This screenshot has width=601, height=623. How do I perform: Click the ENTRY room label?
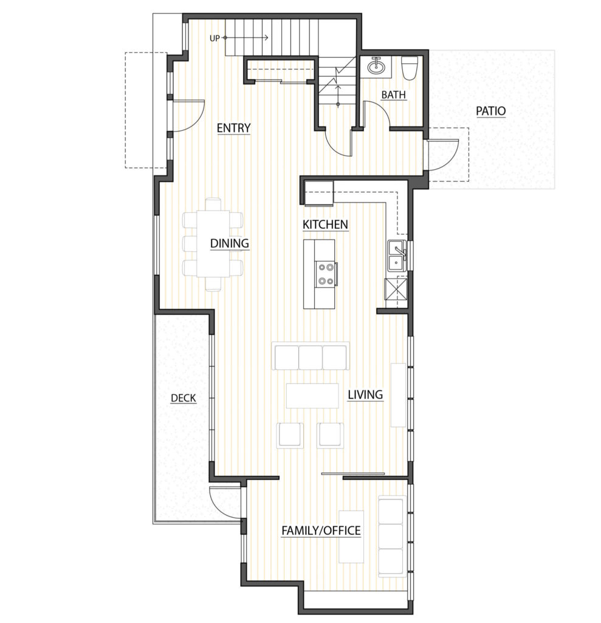[x=233, y=128]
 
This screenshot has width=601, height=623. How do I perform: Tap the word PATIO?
[x=490, y=111]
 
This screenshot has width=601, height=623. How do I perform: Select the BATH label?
[x=393, y=94]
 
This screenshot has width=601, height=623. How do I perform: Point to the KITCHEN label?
[x=325, y=224]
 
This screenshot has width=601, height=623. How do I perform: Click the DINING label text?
[x=230, y=243]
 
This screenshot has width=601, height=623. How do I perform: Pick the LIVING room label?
[x=365, y=394]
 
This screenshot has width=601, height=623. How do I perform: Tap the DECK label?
[x=184, y=398]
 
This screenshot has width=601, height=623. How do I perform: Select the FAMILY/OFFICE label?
[x=321, y=531]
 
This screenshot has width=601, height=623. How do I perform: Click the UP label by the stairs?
[x=215, y=38]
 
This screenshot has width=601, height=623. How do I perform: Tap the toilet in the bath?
[x=409, y=68]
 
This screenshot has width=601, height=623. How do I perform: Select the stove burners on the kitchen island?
[x=326, y=274]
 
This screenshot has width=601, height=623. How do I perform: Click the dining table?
[x=213, y=245]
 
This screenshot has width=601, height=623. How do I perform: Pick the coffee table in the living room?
[x=312, y=395]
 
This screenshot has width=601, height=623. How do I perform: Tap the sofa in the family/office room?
[x=392, y=536]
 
